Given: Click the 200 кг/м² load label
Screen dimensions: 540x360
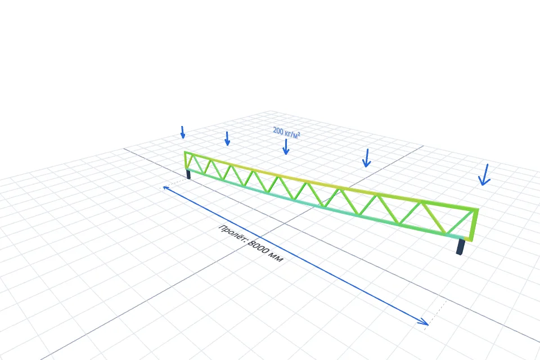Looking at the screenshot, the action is click(286, 133).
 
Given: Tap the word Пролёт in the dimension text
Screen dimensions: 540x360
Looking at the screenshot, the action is click(232, 233).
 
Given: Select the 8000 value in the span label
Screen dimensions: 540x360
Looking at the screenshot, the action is click(259, 249).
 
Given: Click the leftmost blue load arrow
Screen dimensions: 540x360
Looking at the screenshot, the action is click(182, 132).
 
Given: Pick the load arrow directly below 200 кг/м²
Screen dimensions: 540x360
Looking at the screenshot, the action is click(286, 147).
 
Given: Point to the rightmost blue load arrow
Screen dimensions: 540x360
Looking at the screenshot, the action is click(484, 175).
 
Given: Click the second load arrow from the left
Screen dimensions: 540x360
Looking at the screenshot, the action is click(227, 138).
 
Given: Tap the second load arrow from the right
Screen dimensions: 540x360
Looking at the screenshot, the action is click(367, 158).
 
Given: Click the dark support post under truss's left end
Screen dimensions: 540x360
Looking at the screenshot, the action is click(188, 174).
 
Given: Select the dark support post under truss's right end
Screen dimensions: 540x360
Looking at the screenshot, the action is click(461, 247).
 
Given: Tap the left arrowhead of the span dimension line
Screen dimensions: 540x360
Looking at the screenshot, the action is click(166, 188).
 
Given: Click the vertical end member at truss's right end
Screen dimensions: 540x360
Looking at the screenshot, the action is click(474, 224).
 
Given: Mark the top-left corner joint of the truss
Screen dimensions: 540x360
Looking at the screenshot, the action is click(185, 152).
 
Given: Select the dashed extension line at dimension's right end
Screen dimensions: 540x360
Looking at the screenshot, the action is click(435, 315).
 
